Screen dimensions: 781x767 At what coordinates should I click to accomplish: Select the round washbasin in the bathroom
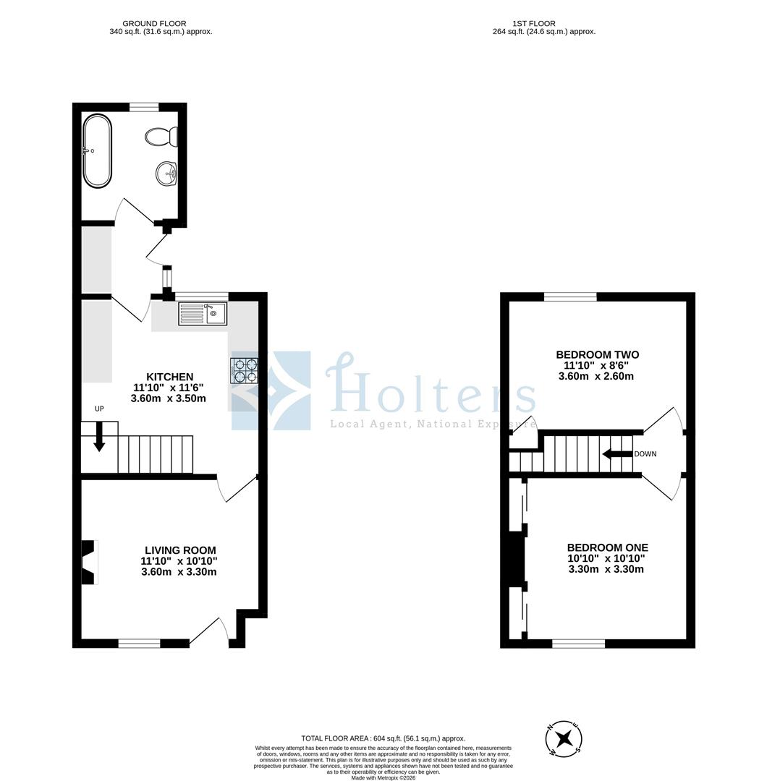point(167,172)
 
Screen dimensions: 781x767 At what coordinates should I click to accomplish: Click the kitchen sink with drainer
point(203,314)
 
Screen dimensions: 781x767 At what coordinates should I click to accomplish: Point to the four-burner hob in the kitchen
point(245,370)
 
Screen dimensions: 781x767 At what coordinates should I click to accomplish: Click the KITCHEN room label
point(170,377)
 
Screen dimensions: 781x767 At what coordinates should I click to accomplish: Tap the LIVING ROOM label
point(179,550)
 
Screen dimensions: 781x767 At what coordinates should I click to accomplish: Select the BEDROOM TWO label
point(597,354)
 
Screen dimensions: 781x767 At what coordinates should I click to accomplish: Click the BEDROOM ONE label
point(607,547)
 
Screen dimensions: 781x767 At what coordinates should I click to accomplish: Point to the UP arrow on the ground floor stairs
point(99,438)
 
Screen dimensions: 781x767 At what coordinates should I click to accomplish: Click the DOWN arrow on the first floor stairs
point(617,454)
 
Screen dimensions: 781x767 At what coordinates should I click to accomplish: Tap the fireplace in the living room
point(88,562)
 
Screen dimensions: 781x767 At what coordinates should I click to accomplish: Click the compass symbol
point(564,739)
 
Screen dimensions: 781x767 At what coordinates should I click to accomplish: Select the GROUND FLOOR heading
point(154,24)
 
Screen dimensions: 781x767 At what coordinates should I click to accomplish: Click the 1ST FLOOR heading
point(534,24)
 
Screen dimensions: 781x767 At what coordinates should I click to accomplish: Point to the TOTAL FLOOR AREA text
point(383,738)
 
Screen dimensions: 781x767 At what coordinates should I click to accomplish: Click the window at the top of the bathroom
point(144,107)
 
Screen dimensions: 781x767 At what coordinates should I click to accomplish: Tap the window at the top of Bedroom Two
point(570,296)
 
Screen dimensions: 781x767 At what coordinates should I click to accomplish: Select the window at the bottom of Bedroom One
point(579,643)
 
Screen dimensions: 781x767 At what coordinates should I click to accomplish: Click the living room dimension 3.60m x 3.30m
point(179,571)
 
